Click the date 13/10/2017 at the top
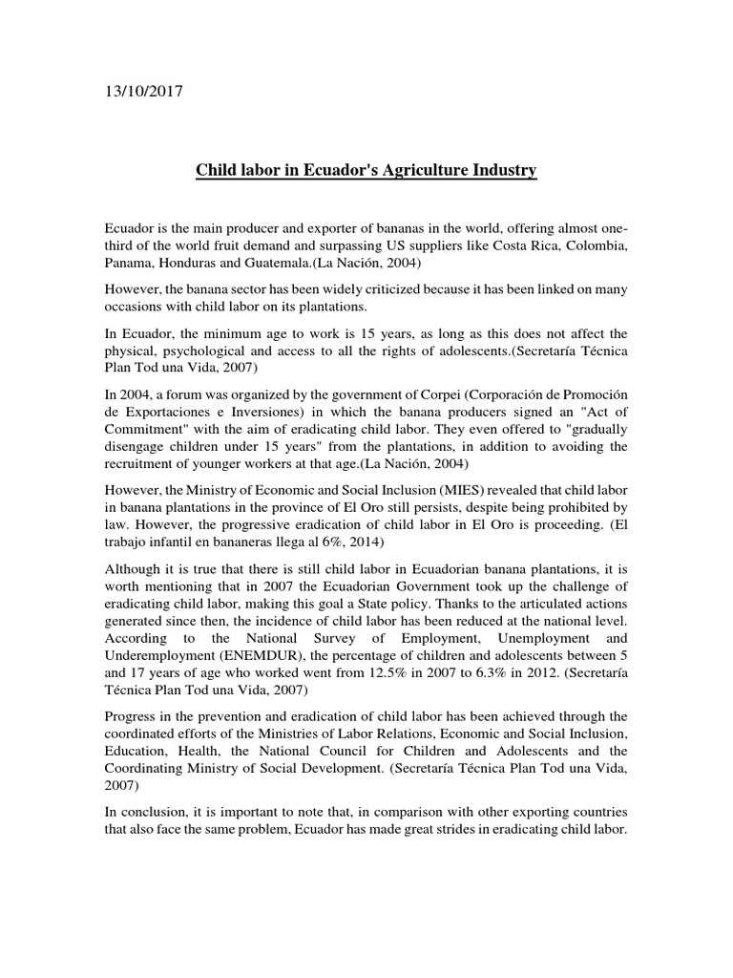[x=143, y=93]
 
